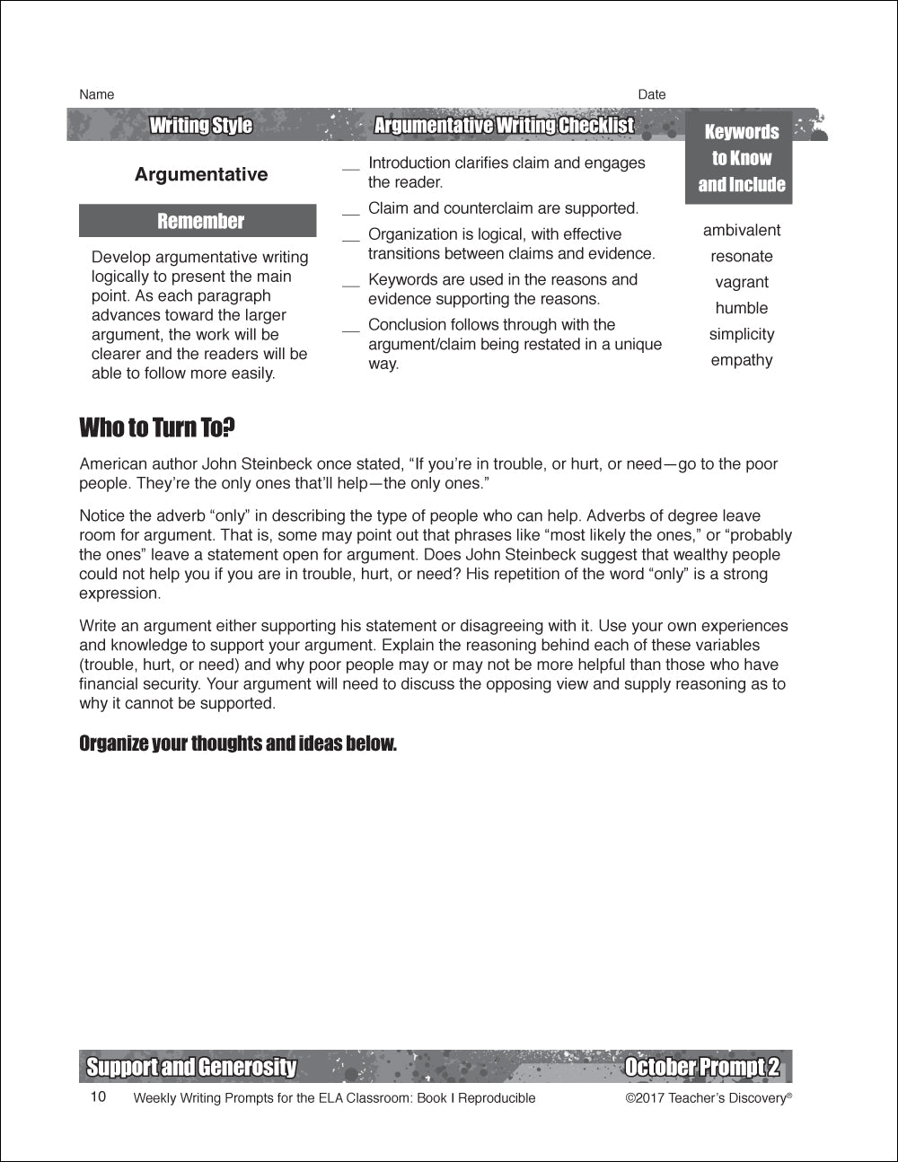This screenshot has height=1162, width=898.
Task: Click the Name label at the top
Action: click(x=97, y=94)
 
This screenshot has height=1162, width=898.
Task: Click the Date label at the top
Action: click(x=652, y=94)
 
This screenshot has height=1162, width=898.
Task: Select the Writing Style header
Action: click(x=200, y=125)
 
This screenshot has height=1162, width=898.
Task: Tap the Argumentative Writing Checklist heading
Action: click(x=504, y=125)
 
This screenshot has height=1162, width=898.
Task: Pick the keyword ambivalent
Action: click(x=742, y=230)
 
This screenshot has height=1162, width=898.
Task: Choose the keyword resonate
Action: click(x=742, y=256)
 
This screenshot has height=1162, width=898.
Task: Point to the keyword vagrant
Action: click(x=742, y=282)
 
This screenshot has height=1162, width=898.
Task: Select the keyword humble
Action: click(x=742, y=308)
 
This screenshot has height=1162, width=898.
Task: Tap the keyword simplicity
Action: click(x=742, y=334)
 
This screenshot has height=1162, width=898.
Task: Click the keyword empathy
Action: click(x=742, y=360)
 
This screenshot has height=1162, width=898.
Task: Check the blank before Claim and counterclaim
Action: click(x=350, y=213)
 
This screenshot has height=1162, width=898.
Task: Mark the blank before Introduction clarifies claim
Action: click(x=350, y=168)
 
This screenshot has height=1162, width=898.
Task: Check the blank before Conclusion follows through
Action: click(x=350, y=330)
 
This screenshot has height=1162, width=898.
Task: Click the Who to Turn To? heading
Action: click(x=157, y=427)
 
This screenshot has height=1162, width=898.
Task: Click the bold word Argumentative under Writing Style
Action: click(x=201, y=174)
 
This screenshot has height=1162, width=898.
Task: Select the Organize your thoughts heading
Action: click(x=238, y=744)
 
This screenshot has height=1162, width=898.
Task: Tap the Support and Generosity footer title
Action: click(x=191, y=1067)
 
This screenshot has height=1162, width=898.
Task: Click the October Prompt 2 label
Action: click(x=702, y=1067)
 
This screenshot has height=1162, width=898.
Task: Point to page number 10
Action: click(x=98, y=1096)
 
